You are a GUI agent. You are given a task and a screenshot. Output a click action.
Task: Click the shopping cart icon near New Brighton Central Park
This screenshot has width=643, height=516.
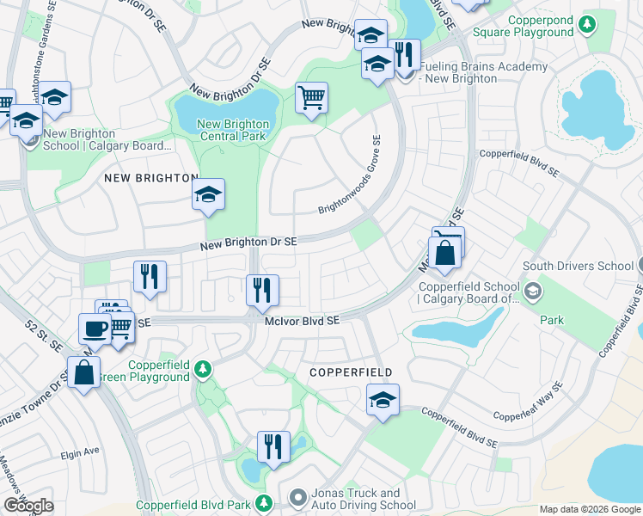[x=311, y=96]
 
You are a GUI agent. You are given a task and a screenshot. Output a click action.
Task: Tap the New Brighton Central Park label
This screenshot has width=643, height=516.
[x=234, y=130]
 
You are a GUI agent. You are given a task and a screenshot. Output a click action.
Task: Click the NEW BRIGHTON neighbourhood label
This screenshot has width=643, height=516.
[x=151, y=177]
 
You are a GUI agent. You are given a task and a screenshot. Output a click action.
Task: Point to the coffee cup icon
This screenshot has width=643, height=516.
[x=95, y=329]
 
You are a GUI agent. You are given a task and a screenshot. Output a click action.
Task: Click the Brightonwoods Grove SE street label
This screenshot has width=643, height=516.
[x=351, y=175]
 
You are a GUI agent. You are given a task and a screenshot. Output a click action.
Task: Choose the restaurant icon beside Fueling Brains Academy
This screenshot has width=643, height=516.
[x=405, y=55]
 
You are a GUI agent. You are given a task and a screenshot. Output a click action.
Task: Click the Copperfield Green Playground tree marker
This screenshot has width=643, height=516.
[x=202, y=369]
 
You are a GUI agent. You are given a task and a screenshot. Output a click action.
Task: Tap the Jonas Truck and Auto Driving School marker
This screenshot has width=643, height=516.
[x=297, y=497]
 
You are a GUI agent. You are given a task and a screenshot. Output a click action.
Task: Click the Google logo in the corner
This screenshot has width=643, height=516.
[x=28, y=506]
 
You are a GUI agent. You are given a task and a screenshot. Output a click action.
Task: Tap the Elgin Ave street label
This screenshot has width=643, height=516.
[x=80, y=450]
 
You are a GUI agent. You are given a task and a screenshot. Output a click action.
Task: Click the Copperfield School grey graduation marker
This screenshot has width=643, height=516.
[x=533, y=291]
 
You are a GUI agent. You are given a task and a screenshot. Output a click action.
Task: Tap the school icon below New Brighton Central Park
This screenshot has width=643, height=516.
[x=208, y=195]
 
